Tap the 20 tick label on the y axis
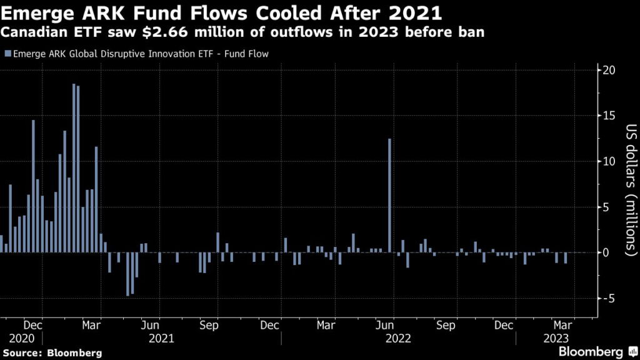608,70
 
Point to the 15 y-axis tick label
608,116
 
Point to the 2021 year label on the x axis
161,339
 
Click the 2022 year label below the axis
397,339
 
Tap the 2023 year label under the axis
555,339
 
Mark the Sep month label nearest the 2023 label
445,326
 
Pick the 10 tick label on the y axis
608,161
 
